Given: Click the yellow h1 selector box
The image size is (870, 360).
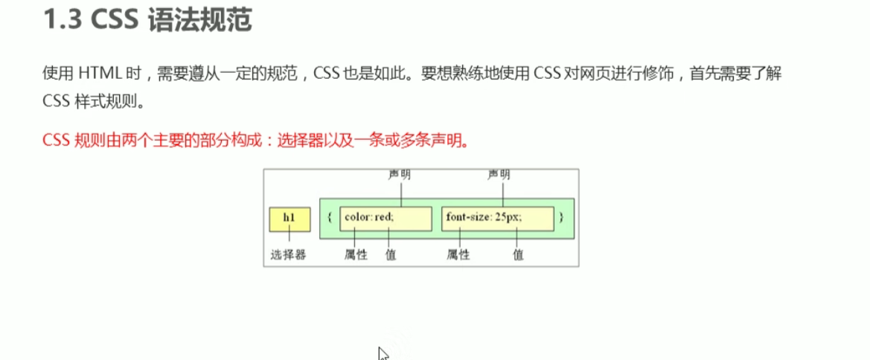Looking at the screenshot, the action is [290, 219].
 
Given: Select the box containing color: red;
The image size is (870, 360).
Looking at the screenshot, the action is [386, 219].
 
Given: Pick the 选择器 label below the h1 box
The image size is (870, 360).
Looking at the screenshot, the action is [290, 254].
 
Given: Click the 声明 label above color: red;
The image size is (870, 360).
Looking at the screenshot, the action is [400, 175].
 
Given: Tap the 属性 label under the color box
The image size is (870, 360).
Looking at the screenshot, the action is [356, 254].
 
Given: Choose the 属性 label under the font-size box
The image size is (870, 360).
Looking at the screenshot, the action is [458, 254].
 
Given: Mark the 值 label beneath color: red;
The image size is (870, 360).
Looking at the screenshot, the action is [391, 254].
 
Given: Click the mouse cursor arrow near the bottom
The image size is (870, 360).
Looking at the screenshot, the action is [383, 353].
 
